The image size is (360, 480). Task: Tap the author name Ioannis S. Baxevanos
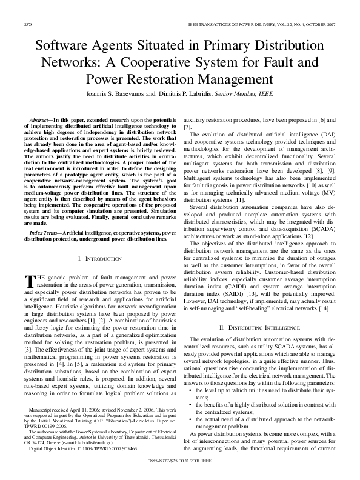click(122, 95)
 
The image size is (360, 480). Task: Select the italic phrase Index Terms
click(45, 232)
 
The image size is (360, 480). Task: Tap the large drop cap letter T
click(27, 281)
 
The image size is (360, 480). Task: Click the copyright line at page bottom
click(180, 461)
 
